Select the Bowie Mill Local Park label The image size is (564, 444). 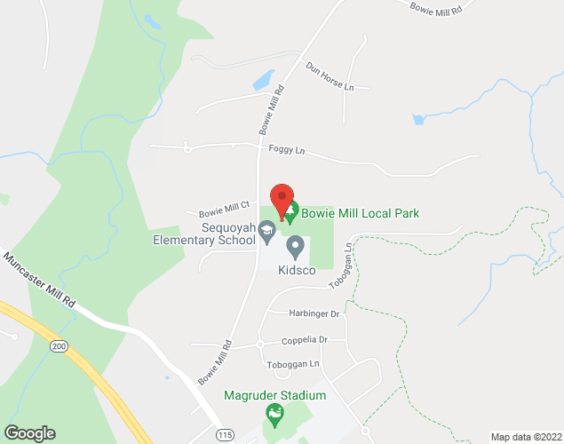click(x=360, y=213)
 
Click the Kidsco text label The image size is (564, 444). click(x=297, y=269)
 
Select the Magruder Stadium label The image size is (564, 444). click(x=274, y=395)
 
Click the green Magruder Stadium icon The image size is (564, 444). click(x=274, y=413)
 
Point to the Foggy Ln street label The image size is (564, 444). click(x=286, y=152)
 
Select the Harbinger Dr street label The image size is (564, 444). click(x=314, y=313)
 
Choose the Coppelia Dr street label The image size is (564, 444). click(x=305, y=340)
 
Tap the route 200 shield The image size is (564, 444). click(x=59, y=345)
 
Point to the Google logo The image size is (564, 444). click(x=28, y=433)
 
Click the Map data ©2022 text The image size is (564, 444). click(x=527, y=436)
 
